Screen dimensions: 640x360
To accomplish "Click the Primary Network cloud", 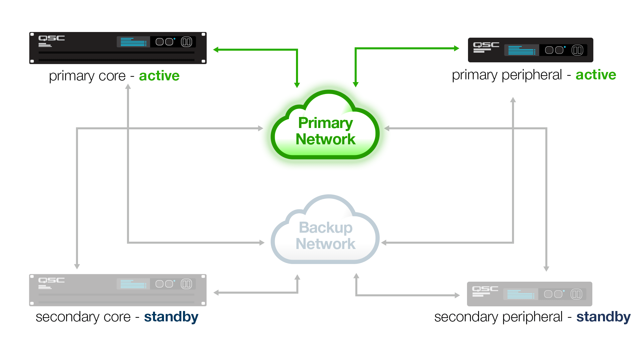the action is [325, 127].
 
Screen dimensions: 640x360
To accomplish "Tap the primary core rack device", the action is [118, 48].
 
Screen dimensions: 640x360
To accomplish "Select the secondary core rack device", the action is [118, 290].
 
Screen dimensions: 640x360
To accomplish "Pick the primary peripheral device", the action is [531, 50].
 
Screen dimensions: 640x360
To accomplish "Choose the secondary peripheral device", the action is [530, 294].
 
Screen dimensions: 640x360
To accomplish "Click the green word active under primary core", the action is [159, 76].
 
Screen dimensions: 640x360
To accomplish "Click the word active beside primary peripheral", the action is [596, 75].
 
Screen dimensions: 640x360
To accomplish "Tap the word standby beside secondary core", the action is [171, 317].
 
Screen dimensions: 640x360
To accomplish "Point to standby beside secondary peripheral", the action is [604, 317].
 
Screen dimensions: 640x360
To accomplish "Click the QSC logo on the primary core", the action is [52, 38].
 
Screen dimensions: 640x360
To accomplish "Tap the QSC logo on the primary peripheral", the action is [486, 45].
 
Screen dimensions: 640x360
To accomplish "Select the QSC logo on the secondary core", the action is [52, 280].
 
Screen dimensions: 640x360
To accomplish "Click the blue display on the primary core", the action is [133, 42].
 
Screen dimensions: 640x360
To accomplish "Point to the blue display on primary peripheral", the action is [522, 50].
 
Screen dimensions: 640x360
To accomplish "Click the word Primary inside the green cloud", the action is [326, 123].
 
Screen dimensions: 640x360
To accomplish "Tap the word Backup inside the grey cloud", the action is [326, 228].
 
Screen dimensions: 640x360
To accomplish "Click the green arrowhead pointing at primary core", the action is [216, 50].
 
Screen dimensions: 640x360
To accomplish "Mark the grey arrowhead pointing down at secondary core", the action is [77, 267].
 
